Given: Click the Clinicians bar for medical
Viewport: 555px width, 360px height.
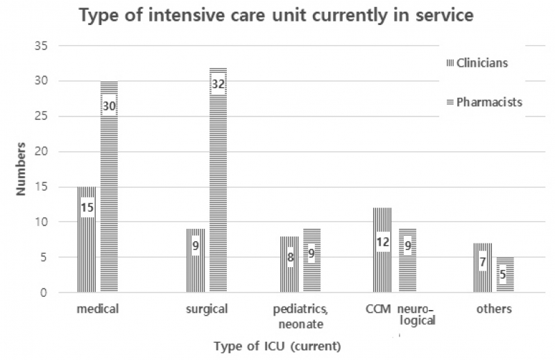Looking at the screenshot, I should click(87, 239).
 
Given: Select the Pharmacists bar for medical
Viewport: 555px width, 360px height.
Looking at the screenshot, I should click(109, 187).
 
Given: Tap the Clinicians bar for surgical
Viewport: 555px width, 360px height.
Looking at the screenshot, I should click(196, 260).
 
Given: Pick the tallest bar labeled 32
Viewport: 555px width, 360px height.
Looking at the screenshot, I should click(218, 180).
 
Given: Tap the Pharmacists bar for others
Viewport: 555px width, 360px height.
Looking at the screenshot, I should click(504, 275).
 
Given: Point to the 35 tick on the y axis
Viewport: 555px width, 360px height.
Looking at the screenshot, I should click(44, 46).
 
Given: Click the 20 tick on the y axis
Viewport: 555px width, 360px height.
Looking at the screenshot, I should click(44, 151).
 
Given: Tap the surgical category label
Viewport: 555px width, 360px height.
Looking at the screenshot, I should click(207, 309).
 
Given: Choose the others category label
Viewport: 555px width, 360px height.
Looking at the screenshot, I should click(493, 309).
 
